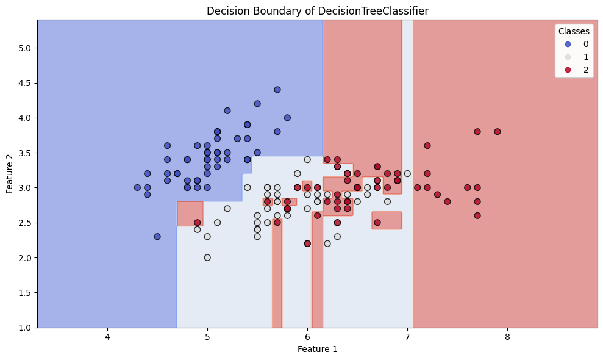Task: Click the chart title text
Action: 317,10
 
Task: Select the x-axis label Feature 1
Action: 317,349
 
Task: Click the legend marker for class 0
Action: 568,44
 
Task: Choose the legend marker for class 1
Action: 568,57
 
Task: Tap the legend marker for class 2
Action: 568,70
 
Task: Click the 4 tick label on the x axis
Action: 107,337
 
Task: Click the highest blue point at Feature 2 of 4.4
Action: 277,90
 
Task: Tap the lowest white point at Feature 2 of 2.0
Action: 207,257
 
